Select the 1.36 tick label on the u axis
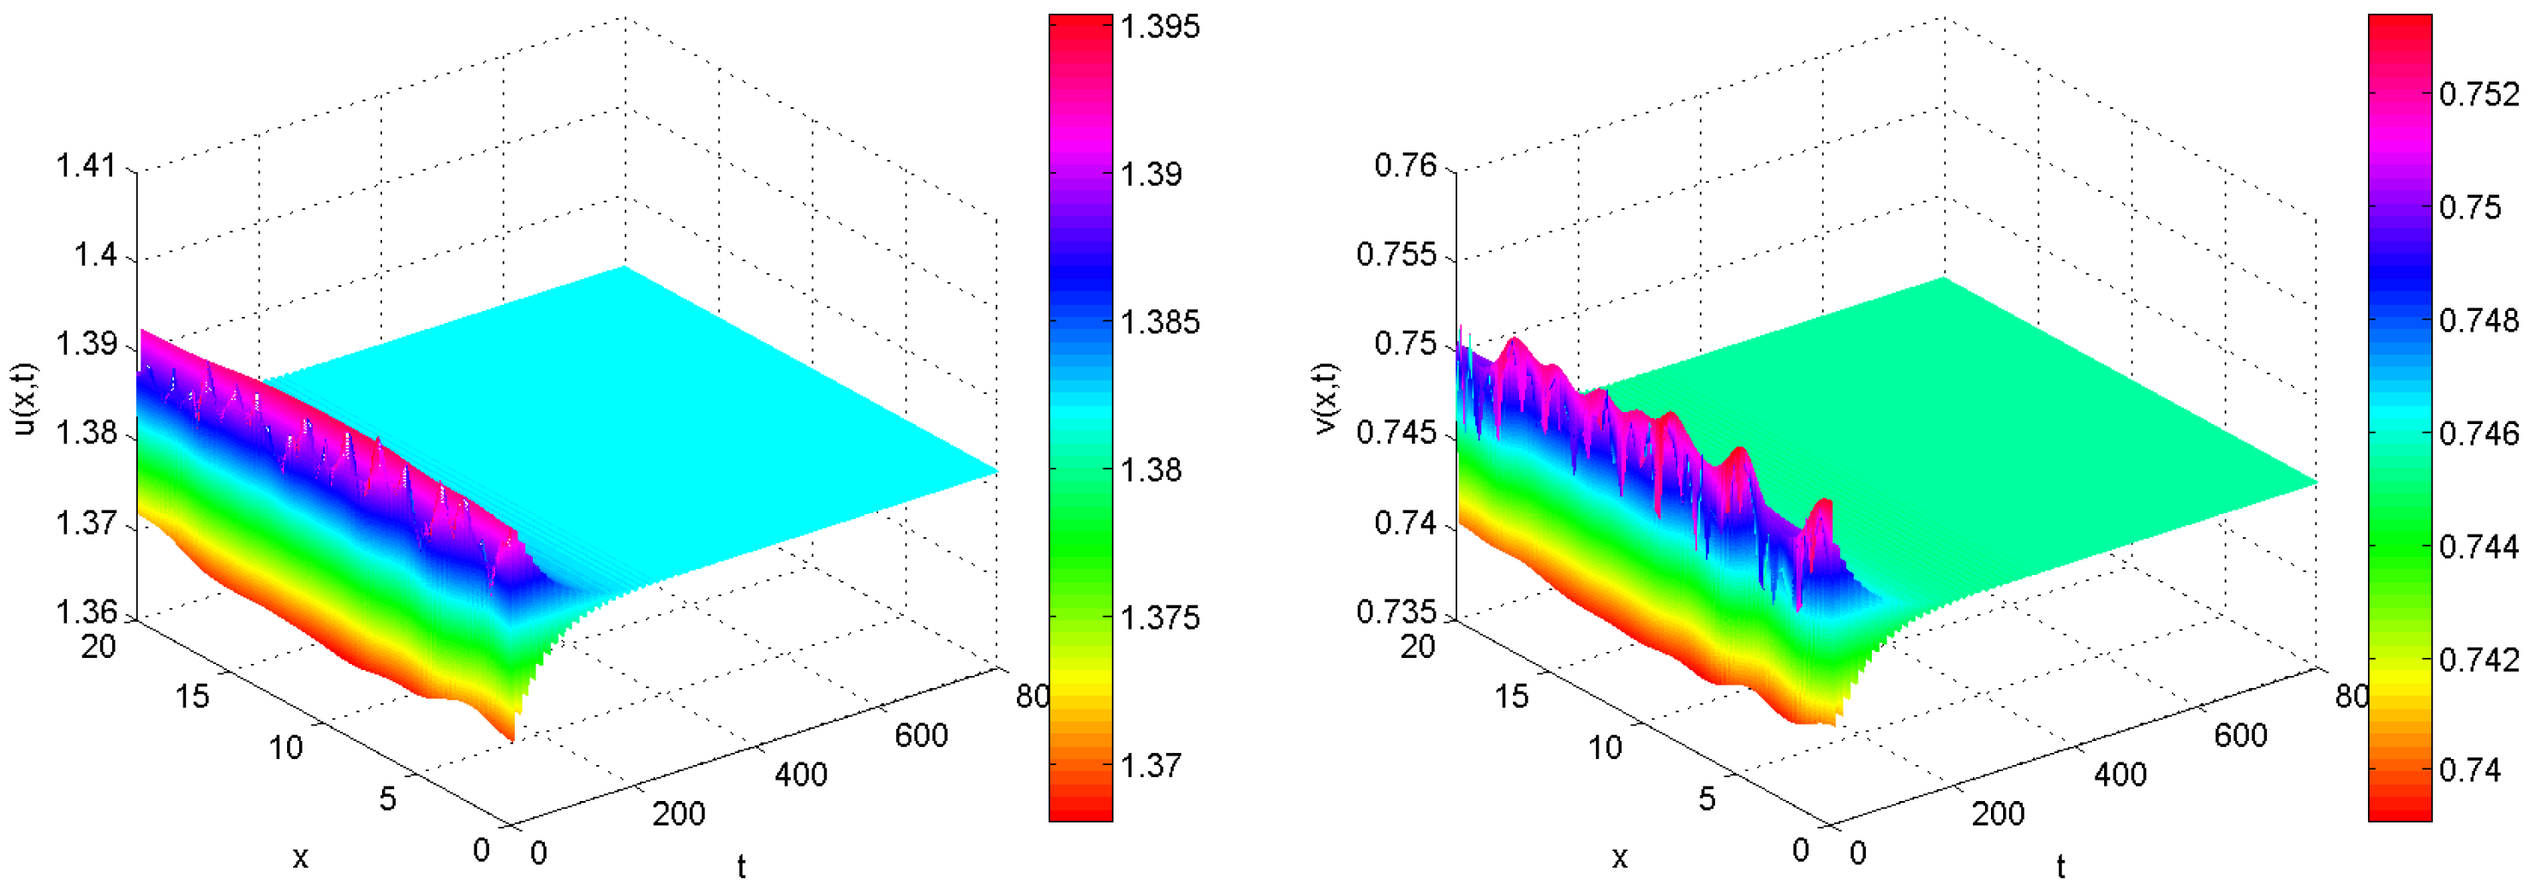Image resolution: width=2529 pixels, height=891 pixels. pos(86,613)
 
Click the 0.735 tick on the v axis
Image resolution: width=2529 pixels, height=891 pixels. pos(1396,613)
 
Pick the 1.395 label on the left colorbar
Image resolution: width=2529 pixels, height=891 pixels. pos(1161,27)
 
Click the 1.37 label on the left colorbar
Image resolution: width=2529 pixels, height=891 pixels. pos(1151,765)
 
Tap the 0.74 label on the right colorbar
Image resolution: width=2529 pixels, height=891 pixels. pos(2470,769)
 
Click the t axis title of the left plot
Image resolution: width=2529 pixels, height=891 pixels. pos(741,866)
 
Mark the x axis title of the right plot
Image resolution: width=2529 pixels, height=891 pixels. pos(1619,858)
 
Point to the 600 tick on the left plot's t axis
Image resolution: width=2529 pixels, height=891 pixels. pos(921,735)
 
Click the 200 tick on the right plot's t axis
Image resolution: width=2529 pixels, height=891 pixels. pos(1998,814)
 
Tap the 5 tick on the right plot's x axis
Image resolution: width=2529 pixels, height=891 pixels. pos(1707,798)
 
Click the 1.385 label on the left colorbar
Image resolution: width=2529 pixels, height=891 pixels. pos(1161,322)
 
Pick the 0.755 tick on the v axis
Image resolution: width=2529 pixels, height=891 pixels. pos(1396,255)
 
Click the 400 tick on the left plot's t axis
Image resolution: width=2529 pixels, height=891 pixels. pos(800,774)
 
